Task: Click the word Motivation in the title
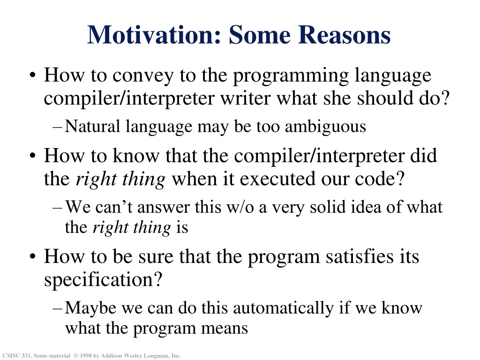(x=154, y=35)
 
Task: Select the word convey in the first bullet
(x=143, y=75)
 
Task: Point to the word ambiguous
(x=325, y=127)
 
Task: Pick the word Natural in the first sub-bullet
(x=92, y=126)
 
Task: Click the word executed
(x=277, y=179)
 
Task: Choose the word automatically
(x=284, y=308)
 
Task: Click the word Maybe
(x=90, y=308)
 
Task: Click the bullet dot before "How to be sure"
(x=33, y=256)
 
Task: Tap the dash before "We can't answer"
(x=58, y=208)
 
